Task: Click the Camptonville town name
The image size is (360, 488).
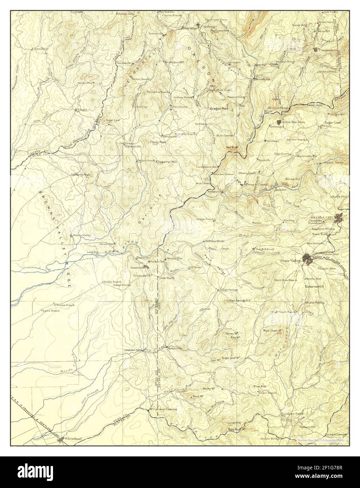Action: (329, 50)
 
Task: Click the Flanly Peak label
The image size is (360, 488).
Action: (158, 142)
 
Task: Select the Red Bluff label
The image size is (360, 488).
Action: (232, 147)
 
